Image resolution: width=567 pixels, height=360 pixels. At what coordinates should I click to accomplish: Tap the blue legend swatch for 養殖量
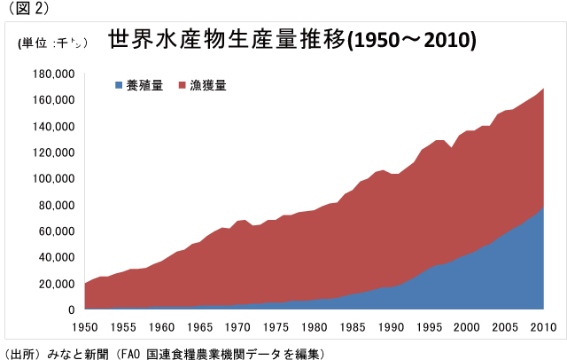(119, 86)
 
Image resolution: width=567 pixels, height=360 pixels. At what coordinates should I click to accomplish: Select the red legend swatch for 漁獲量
(183, 86)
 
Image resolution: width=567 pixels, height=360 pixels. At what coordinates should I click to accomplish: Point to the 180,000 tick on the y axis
(54, 74)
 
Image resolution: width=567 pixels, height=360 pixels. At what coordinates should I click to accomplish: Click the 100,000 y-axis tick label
(54, 179)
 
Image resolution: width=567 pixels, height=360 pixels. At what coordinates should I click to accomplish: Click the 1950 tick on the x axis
(85, 326)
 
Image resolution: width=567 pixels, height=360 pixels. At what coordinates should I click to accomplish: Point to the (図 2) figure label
(27, 10)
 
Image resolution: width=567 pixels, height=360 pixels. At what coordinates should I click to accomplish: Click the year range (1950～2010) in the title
(411, 41)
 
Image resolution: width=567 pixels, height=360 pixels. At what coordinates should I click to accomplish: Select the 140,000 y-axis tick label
(54, 126)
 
